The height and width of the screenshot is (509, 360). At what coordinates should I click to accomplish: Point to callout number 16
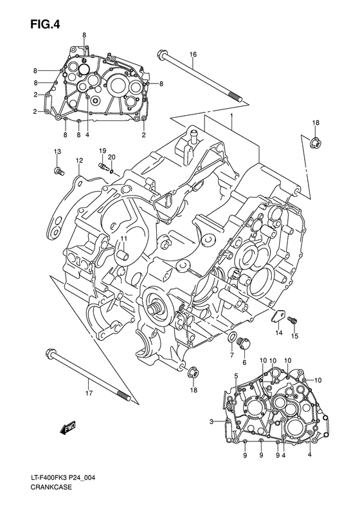[x=192, y=55]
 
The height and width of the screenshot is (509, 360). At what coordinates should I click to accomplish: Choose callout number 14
[x=279, y=333]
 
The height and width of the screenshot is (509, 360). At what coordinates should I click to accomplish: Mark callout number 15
[x=296, y=335]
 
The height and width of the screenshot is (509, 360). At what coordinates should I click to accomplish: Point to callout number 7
[x=231, y=355]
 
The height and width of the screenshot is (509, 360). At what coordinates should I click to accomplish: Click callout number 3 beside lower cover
[x=210, y=421]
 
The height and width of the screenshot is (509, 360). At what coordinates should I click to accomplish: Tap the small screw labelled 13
[x=59, y=171]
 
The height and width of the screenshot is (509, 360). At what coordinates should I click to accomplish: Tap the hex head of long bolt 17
[x=50, y=352]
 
